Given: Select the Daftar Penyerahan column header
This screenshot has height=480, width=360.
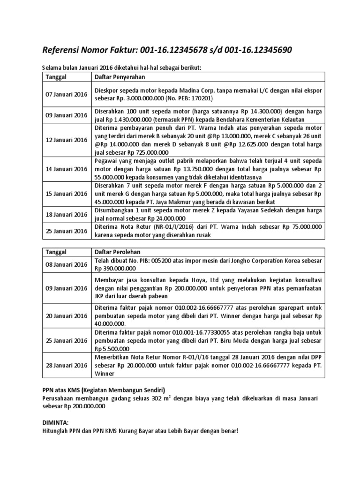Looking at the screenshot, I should pyautogui.click(x=120, y=76).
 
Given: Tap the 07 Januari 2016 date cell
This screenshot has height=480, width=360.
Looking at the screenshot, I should pyautogui.click(x=66, y=95).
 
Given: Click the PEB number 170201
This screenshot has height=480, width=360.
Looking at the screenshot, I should pyautogui.click(x=203, y=99).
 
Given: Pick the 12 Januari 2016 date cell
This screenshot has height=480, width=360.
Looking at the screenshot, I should pyautogui.click(x=66, y=140).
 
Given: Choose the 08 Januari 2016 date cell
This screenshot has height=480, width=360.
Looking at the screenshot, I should pyautogui.click(x=66, y=264).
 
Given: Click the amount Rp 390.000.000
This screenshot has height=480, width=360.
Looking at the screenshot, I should pyautogui.click(x=115, y=269).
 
